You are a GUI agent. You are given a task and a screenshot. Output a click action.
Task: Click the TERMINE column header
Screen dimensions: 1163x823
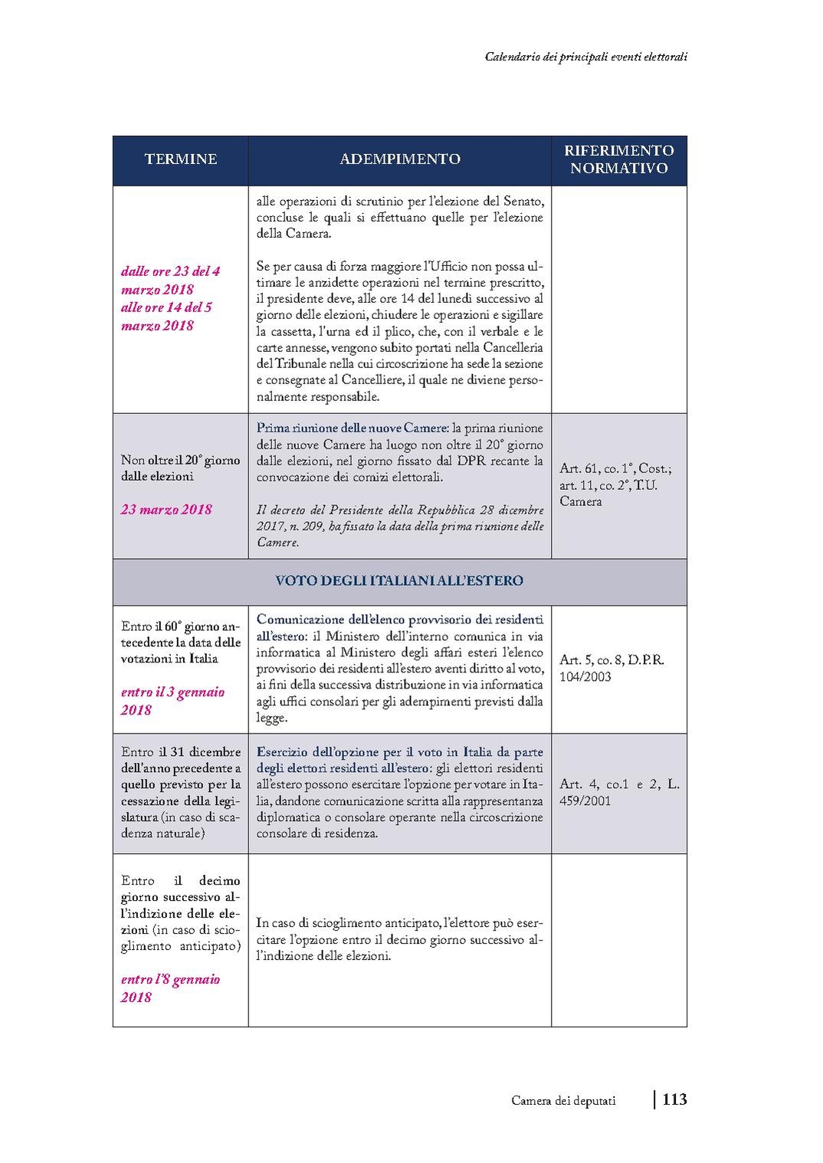181,159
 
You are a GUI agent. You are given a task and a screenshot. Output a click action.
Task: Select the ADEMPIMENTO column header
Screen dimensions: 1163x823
400,159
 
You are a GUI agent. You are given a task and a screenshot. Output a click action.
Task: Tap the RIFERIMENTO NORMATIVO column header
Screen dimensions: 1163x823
619,159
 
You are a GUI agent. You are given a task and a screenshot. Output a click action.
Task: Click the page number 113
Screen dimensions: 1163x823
674,1099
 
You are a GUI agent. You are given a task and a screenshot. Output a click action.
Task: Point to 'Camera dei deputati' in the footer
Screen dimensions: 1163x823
563,1101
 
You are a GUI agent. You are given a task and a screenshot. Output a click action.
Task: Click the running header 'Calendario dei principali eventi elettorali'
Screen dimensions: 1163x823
585,57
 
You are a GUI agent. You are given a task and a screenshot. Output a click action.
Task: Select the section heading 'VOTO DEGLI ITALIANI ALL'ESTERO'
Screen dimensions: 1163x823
399,581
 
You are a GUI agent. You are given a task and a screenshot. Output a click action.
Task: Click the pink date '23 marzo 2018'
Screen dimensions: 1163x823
166,510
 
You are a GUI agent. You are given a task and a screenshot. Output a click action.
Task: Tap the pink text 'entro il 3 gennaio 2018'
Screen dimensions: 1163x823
172,701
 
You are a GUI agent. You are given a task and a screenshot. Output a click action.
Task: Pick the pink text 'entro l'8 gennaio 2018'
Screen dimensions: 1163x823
170,988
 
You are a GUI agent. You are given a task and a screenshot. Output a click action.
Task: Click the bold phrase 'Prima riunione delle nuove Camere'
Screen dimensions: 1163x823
352,429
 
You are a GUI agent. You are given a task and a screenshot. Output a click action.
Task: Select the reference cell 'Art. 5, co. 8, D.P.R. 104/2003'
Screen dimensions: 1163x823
612,668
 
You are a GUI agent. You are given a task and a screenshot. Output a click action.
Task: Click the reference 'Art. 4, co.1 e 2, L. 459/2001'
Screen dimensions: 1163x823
619,792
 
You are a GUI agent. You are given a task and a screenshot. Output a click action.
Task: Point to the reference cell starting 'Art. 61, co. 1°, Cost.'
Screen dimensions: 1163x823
615,485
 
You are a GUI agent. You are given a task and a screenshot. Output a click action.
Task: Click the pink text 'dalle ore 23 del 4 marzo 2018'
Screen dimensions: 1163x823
170,280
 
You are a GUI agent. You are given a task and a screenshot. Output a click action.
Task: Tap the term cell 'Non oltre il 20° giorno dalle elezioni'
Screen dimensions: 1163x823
180,468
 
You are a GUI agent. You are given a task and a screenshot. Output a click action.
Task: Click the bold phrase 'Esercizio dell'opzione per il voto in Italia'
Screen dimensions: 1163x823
399,752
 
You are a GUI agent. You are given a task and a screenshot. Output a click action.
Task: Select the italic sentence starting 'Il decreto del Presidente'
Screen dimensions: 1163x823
400,526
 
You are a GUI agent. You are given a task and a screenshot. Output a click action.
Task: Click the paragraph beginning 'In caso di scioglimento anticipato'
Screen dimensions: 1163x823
399,939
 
